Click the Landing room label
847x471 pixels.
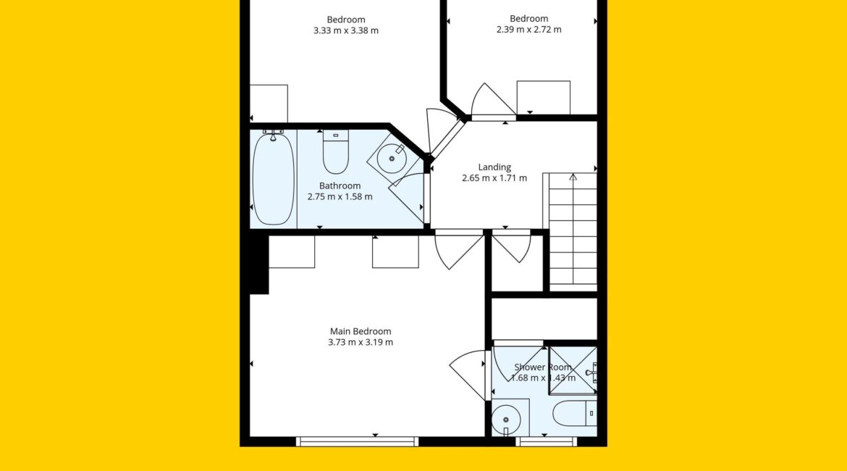pyautogui.click(x=494, y=167)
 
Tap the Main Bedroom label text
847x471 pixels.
pyautogui.click(x=361, y=331)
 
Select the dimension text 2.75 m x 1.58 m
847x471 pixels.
pyautogui.click(x=340, y=197)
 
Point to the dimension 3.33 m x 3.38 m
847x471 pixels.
pyautogui.click(x=346, y=31)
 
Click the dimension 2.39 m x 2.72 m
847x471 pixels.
pyautogui.click(x=529, y=30)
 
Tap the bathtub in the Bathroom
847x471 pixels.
pyautogui.click(x=274, y=179)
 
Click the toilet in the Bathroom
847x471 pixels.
pyautogui.click(x=335, y=152)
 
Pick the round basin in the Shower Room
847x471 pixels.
pyautogui.click(x=506, y=419)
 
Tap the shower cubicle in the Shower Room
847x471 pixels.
pyautogui.click(x=573, y=371)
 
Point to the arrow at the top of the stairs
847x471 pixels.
pyautogui.click(x=573, y=177)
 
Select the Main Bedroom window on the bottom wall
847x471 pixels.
pyautogui.click(x=357, y=442)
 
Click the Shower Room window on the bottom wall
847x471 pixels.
pyautogui.click(x=546, y=442)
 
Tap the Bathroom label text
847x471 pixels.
pyautogui.click(x=340, y=186)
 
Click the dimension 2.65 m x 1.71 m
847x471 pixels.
pyautogui.click(x=494, y=178)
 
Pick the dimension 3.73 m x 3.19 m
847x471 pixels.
pyautogui.click(x=361, y=342)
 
